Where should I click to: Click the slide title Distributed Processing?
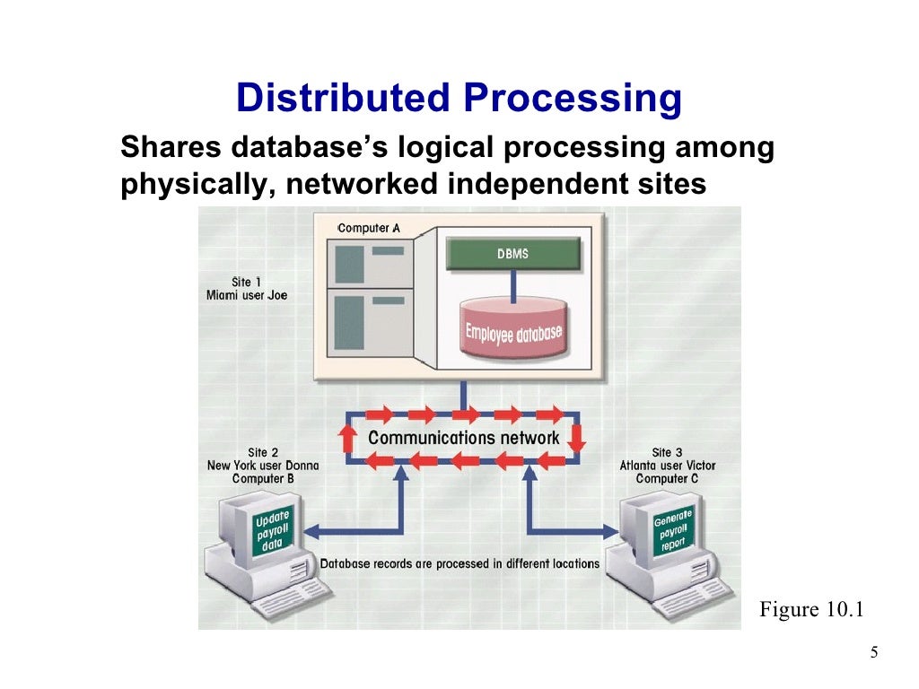coord(459,99)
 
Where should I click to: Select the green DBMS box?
coord(512,254)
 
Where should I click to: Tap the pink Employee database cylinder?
coord(512,334)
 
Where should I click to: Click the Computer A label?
coord(369,228)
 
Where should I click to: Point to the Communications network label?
coord(464,438)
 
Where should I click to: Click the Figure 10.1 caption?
coord(810,610)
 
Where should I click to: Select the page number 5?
coord(873,652)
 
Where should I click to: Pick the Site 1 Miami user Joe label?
coord(247,288)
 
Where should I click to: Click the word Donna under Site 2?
coord(301,466)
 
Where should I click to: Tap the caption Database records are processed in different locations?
coord(459,563)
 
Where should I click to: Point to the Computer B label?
coord(263,478)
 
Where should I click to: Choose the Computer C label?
coord(668,478)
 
